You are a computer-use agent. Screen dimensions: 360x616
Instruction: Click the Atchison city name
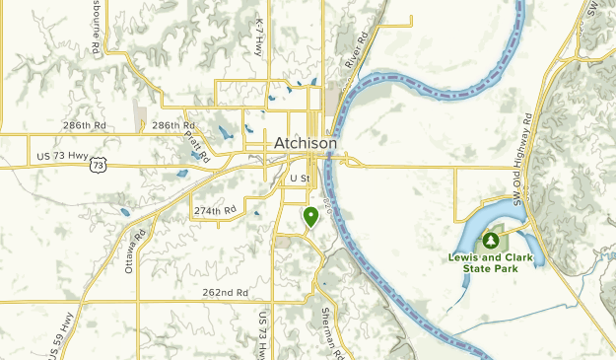[306, 143]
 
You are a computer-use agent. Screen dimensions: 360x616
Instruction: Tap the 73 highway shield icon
[97, 166]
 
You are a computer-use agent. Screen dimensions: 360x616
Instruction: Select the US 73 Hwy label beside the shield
[61, 156]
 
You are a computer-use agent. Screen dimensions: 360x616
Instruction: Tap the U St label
[300, 179]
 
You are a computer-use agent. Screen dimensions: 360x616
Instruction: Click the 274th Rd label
[215, 211]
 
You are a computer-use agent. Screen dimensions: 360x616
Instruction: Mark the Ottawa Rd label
[135, 252]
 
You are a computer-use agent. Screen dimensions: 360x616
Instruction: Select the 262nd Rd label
[225, 293]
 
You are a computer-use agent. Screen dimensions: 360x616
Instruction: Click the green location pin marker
[310, 215]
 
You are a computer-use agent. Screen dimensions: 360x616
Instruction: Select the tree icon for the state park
[491, 240]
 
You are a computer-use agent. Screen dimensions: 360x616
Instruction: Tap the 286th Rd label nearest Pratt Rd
[173, 126]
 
